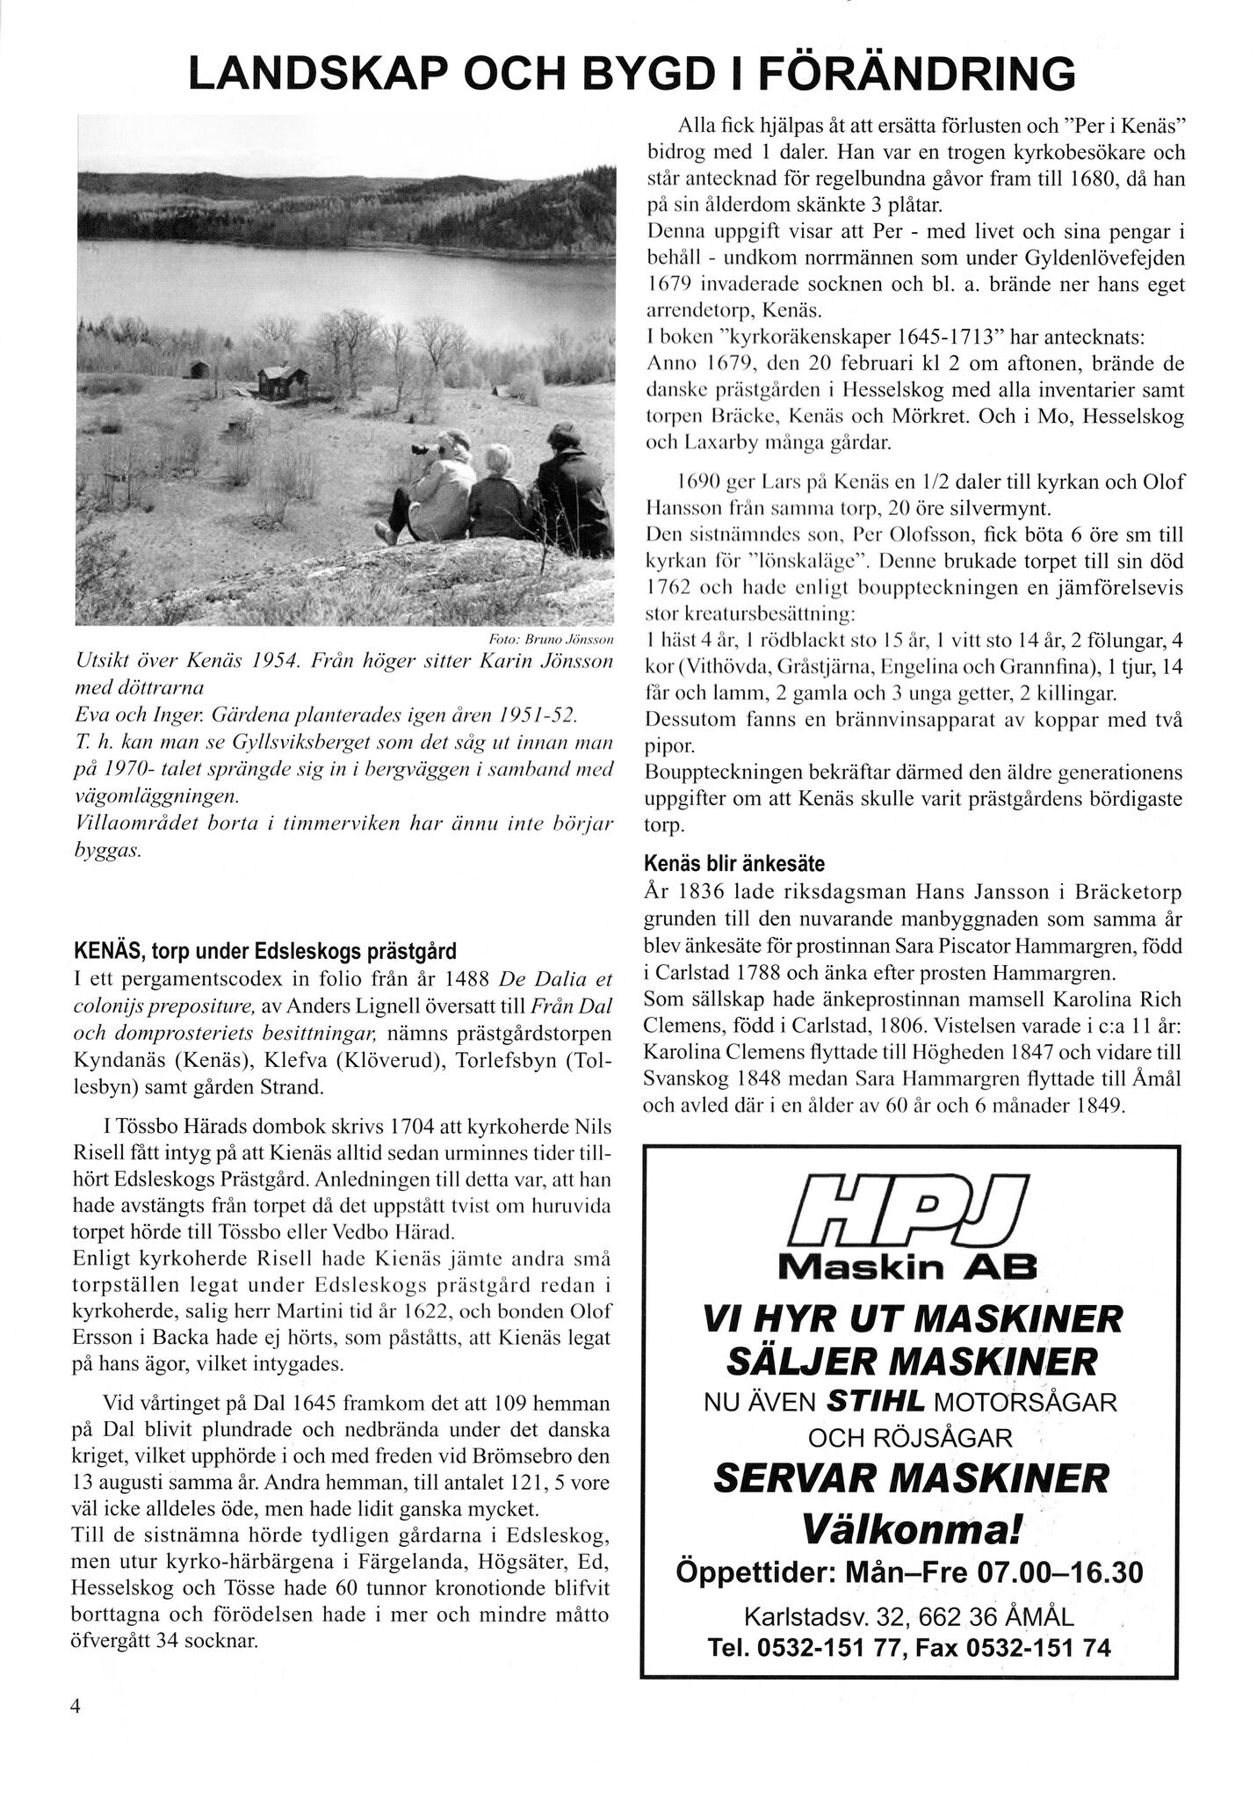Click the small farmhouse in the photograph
[283, 381]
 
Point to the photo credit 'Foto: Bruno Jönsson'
[551, 639]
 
